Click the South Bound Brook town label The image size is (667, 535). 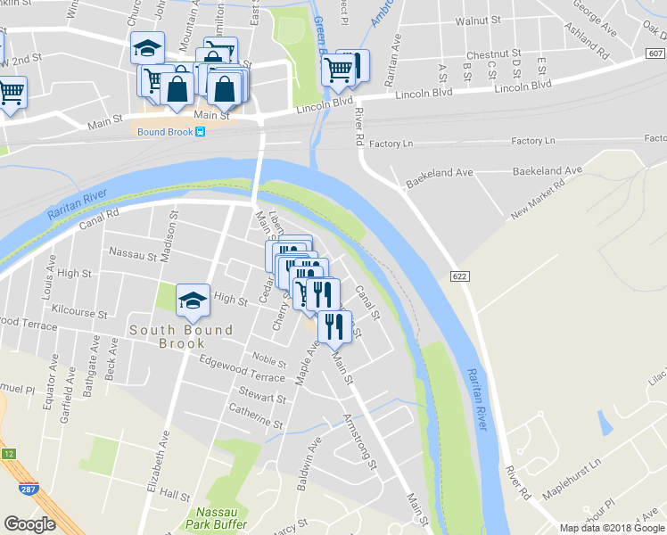[181, 336]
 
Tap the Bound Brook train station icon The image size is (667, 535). [201, 132]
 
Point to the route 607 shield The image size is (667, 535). [655, 54]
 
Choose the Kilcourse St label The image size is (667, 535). [79, 315]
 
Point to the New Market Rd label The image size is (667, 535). [539, 201]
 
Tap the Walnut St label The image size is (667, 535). [477, 20]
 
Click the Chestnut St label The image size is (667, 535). [492, 54]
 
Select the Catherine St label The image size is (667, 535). [256, 417]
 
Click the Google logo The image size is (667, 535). [29, 524]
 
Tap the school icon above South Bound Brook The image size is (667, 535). [193, 302]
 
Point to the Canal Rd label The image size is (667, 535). [98, 215]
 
